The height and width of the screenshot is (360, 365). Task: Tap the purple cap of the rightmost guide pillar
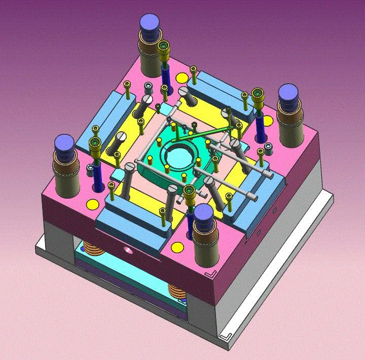coord(288,94)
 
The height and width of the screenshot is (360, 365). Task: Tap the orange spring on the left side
coord(92,249)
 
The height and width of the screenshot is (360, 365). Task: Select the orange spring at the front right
coord(177,293)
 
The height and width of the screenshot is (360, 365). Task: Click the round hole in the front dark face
coord(126,250)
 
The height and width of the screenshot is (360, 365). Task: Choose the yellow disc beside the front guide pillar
coord(177,248)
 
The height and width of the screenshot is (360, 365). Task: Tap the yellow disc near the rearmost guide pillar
coord(180,78)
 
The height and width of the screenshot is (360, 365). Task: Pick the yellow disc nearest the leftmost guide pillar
coord(93,204)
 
